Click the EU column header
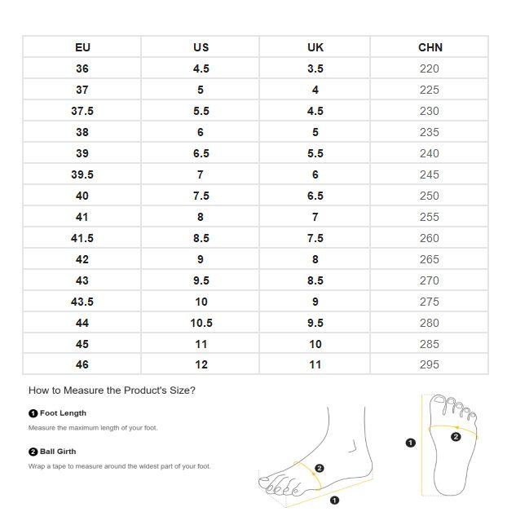(82, 47)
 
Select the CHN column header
(430, 47)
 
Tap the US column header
(201, 47)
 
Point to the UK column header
(315, 47)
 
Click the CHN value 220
(430, 68)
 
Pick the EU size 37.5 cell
(82, 111)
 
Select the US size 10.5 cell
(201, 323)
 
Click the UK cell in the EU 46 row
(315, 365)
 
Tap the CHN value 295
(430, 365)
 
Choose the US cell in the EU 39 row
(201, 153)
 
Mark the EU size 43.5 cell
(82, 302)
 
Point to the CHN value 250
(430, 196)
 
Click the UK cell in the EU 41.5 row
(315, 238)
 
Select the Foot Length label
(63, 413)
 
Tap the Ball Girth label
(58, 452)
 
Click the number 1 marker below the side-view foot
(334, 501)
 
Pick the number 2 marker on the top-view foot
(456, 437)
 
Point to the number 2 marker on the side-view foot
(320, 469)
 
